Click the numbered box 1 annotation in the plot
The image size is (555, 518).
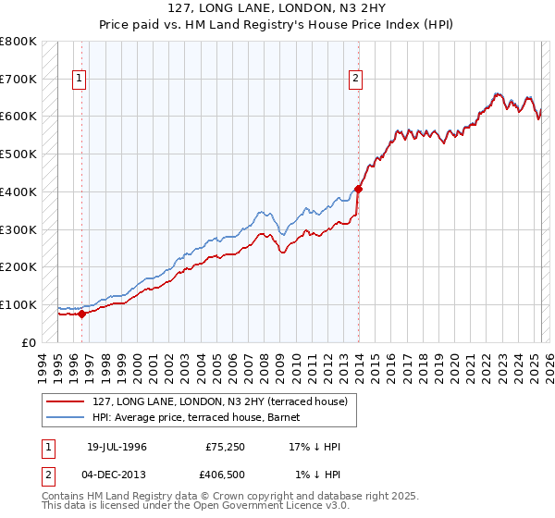pyautogui.click(x=80, y=80)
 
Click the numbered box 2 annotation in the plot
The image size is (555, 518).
pyautogui.click(x=355, y=80)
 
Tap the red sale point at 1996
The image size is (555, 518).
pyautogui.click(x=81, y=314)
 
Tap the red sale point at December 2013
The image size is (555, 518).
pyautogui.click(x=359, y=189)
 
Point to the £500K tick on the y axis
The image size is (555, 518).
pyautogui.click(x=18, y=154)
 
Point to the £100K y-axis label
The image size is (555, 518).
pyautogui.click(x=18, y=304)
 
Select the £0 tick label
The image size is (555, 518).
pyautogui.click(x=28, y=342)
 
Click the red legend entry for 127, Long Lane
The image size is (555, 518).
pyautogui.click(x=220, y=401)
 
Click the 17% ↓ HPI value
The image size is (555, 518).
pyautogui.click(x=314, y=447)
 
